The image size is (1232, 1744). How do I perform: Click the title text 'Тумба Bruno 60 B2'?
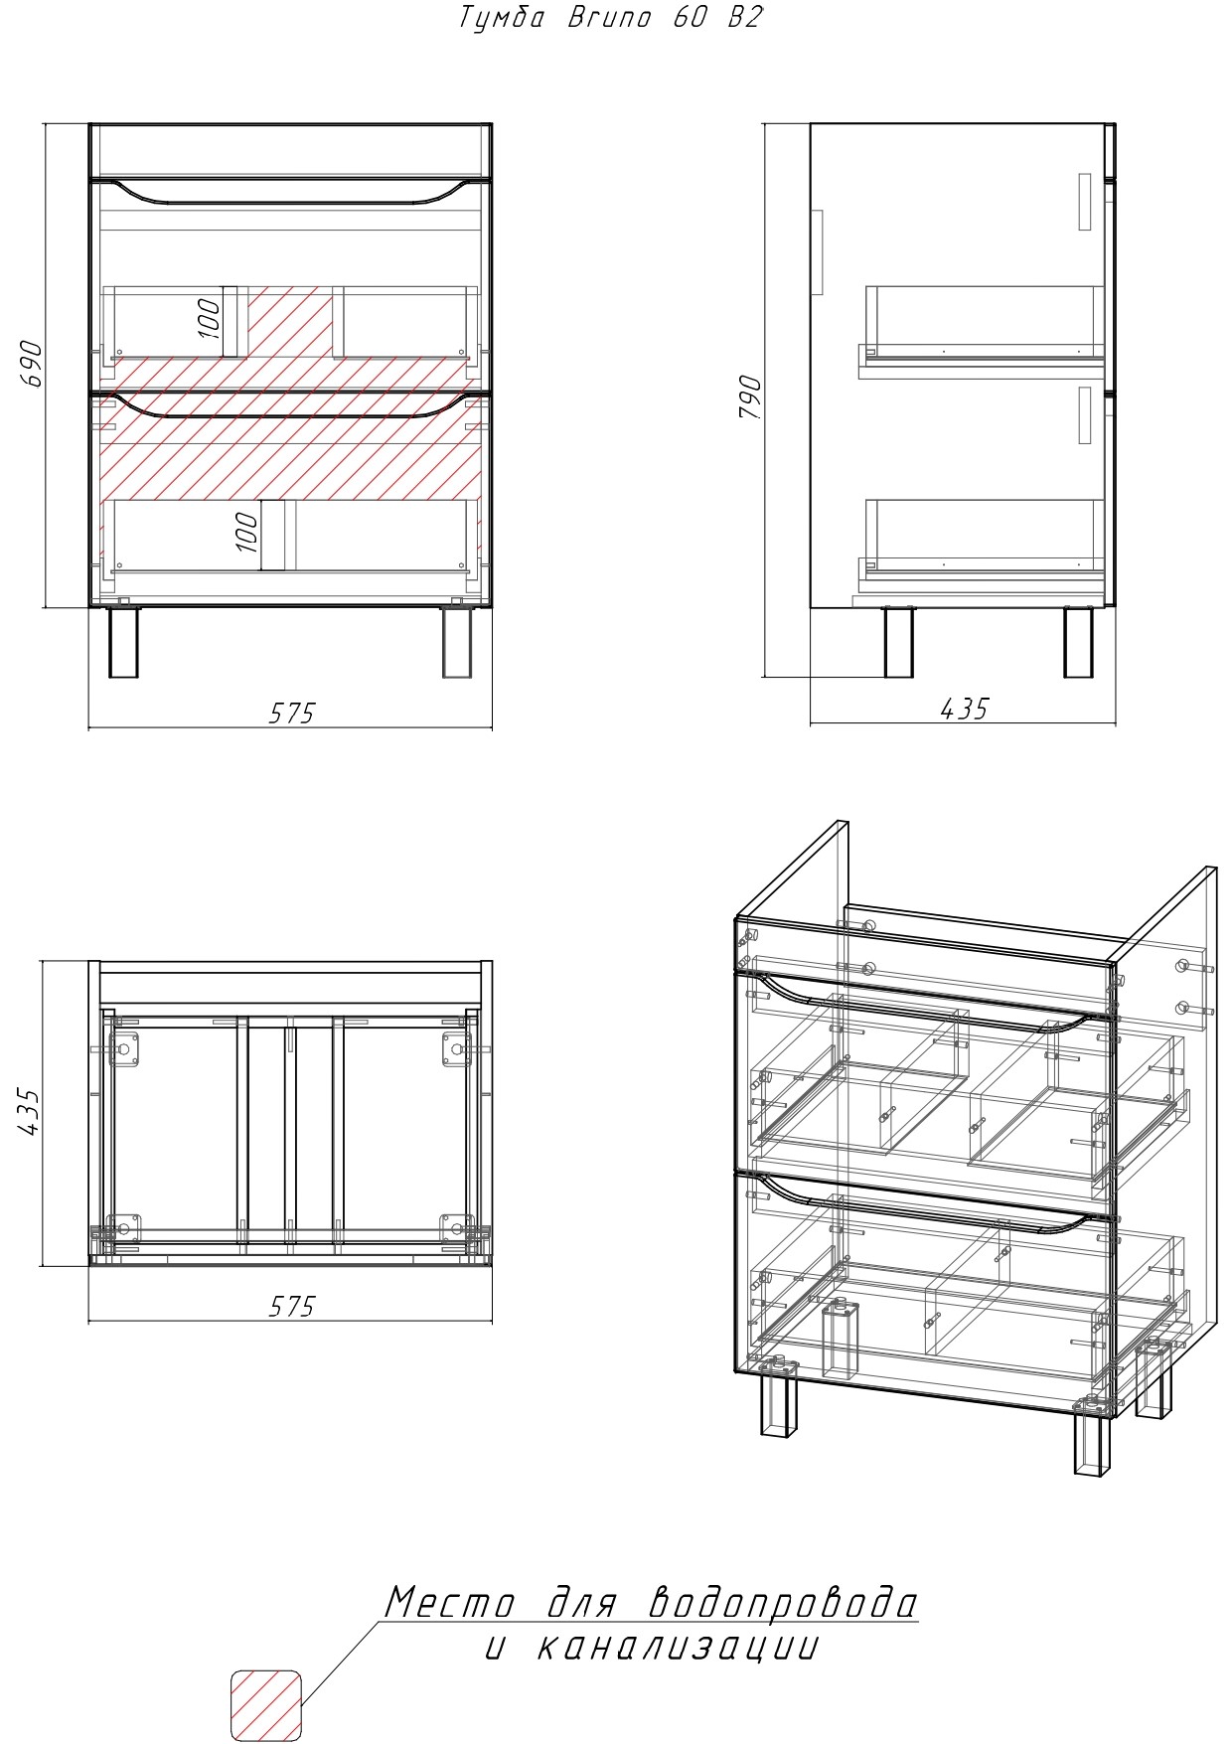point(610,18)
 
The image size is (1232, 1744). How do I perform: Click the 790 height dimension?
point(750,398)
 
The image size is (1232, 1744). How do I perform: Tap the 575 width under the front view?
point(291,713)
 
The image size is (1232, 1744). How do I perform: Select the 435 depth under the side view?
point(964,708)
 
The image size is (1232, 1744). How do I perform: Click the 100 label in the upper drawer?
point(209,318)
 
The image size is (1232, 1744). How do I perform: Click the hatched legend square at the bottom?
point(265,1705)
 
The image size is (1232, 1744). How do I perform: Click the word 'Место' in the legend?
point(449,1603)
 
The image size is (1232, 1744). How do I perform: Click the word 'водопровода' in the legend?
point(782,1602)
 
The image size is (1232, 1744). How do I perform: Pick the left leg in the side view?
point(898,642)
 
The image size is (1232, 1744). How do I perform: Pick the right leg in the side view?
point(1078,642)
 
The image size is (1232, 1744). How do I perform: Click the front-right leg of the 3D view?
point(1092,1440)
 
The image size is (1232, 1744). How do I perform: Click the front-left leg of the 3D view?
point(780,1401)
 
